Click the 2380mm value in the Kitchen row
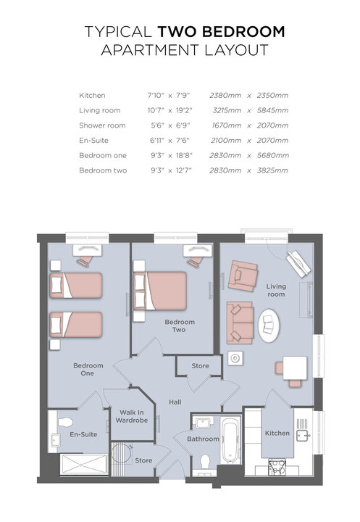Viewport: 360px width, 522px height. (225, 96)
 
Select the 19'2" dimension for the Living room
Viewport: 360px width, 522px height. (184, 110)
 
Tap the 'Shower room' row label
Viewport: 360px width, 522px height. (102, 125)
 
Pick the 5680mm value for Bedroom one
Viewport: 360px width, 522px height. (272, 155)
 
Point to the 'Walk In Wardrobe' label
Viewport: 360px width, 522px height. (132, 416)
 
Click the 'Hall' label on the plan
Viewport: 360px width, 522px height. (175, 402)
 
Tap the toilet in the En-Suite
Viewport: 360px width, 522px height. (65, 422)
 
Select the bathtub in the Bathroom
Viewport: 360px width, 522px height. (230, 441)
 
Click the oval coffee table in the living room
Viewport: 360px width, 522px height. (269, 326)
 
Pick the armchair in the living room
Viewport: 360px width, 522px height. (243, 276)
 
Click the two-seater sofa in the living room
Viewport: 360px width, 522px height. (240, 323)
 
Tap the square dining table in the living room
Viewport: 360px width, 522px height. (295, 368)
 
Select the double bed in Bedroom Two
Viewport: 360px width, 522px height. (159, 291)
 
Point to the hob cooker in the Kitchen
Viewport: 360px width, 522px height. (277, 468)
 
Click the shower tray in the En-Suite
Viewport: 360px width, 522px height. (84, 464)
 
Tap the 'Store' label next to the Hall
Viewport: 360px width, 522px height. (201, 366)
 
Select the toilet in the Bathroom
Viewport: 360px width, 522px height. (205, 462)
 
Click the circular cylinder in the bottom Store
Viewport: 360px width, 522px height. (121, 453)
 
